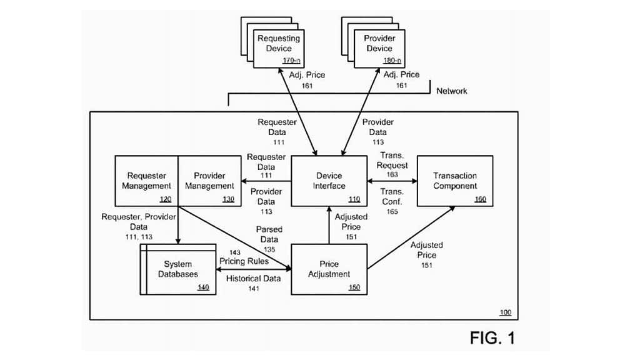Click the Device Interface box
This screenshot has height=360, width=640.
pos(329,181)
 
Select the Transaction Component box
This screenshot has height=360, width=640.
pos(455,181)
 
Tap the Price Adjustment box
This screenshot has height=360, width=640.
pos(329,269)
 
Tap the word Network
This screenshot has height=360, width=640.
pos(451,91)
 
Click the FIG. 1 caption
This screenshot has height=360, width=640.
pos(492,338)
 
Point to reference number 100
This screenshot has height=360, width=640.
pos(505,312)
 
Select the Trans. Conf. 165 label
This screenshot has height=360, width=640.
pos(392,201)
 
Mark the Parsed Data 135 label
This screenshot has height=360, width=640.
pos(269,239)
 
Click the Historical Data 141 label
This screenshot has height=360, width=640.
pos(253,283)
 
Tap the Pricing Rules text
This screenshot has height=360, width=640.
pos(244,261)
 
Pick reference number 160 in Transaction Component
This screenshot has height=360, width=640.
pos(480,199)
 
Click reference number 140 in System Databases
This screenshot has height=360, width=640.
pos(203,287)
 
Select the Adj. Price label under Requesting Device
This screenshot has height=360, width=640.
pos(307,79)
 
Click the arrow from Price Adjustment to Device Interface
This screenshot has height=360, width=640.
pos(329,225)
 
